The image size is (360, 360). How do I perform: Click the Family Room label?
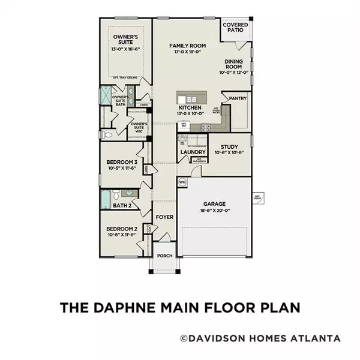(x=188, y=46)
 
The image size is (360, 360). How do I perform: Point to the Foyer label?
(x=164, y=217)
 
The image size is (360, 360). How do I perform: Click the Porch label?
(x=164, y=256)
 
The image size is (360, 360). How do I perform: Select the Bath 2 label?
(x=122, y=206)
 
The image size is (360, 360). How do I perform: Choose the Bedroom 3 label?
(x=122, y=163)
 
